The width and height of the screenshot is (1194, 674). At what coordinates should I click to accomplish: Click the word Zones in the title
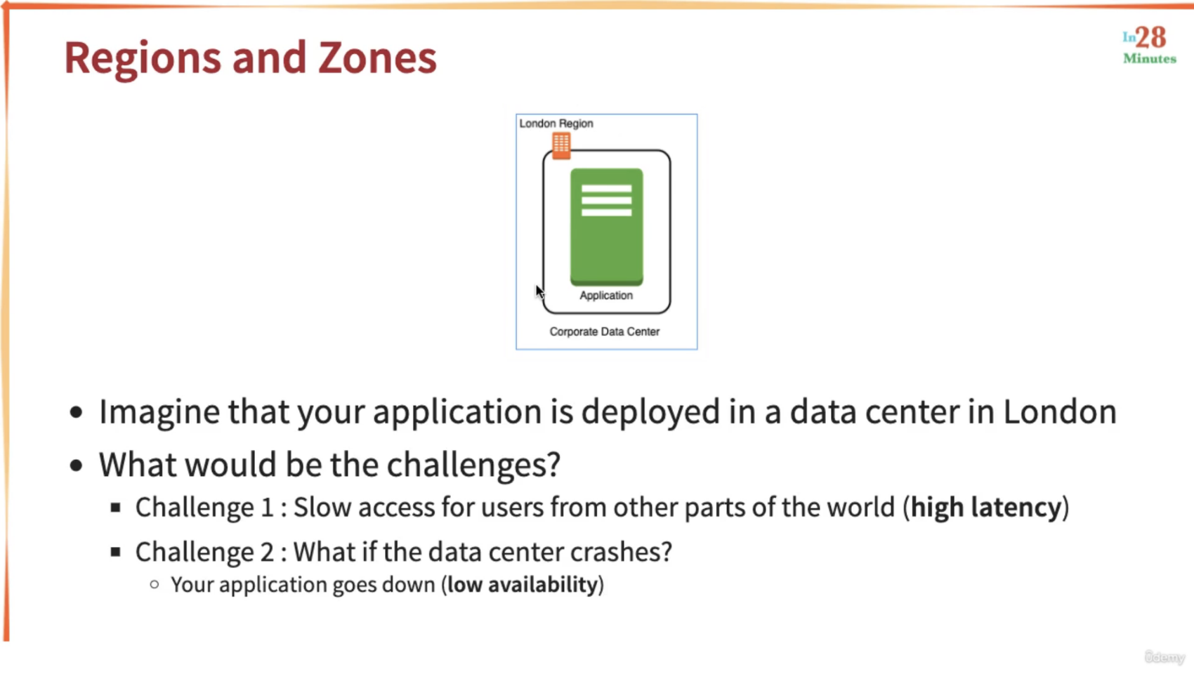point(377,58)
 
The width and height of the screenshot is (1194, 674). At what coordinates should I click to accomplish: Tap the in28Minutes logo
point(1149,46)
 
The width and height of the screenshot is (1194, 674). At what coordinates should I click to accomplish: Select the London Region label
point(556,124)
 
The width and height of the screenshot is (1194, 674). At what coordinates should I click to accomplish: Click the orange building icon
point(560,145)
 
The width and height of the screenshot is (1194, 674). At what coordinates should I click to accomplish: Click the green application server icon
point(607,227)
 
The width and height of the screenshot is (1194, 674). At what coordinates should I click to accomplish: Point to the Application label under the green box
point(606,296)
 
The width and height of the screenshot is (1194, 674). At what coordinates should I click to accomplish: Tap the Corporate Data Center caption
point(605,331)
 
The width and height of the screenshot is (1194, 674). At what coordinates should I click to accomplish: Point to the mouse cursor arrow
point(539,291)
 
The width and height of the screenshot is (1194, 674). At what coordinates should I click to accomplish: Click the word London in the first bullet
point(1060,412)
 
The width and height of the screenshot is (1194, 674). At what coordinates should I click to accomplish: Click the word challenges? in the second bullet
point(473,465)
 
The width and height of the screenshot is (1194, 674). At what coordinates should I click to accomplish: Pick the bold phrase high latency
point(985,507)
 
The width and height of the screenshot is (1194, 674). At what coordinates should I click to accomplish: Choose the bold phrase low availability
point(523,585)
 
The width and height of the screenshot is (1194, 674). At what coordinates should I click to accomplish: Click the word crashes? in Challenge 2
point(621,552)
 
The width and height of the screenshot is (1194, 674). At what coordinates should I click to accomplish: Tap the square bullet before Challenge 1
point(116,508)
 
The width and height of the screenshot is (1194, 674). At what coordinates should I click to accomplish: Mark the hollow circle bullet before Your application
point(155,585)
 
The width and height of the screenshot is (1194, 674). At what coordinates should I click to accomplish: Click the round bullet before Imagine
point(77,412)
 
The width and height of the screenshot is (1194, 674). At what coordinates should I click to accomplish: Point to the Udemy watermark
point(1165,657)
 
